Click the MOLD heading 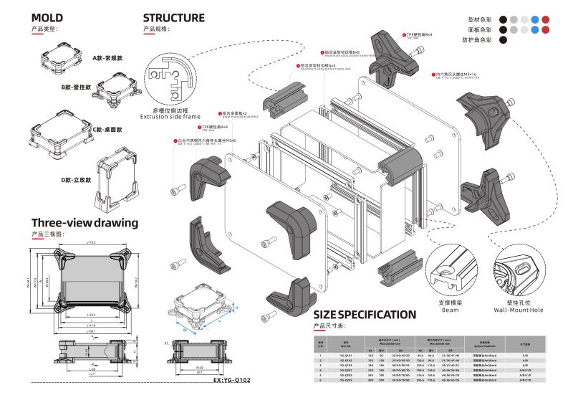pyautogui.click(x=47, y=18)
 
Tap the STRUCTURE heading pyautogui.click(x=173, y=18)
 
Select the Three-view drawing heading pyautogui.click(x=85, y=223)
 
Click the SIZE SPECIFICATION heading pyautogui.click(x=365, y=314)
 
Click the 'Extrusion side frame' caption pyautogui.click(x=170, y=115)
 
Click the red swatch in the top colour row pyautogui.click(x=546, y=19)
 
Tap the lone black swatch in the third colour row pyautogui.click(x=504, y=41)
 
